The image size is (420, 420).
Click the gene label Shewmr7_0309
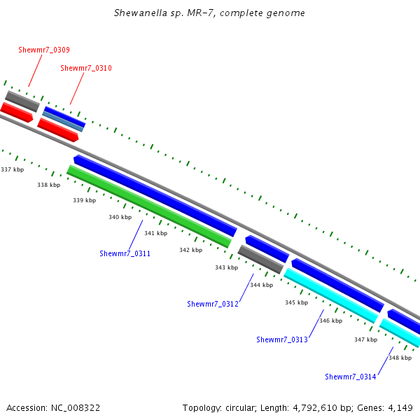43,50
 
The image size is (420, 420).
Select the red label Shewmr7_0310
86,69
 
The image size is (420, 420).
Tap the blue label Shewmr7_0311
125,254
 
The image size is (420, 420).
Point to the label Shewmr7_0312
213,304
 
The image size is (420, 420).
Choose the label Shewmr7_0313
282,339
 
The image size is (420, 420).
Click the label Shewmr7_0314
351,377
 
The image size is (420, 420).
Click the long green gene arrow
148,206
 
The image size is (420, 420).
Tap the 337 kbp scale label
12,169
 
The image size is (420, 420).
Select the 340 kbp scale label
120,218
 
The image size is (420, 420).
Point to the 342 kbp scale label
190,250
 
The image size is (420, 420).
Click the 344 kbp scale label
261,285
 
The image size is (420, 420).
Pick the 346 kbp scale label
330,321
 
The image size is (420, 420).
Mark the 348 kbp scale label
400,358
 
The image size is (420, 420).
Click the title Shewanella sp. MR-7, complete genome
209,13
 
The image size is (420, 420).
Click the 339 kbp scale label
84,201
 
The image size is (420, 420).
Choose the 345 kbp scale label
296,303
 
